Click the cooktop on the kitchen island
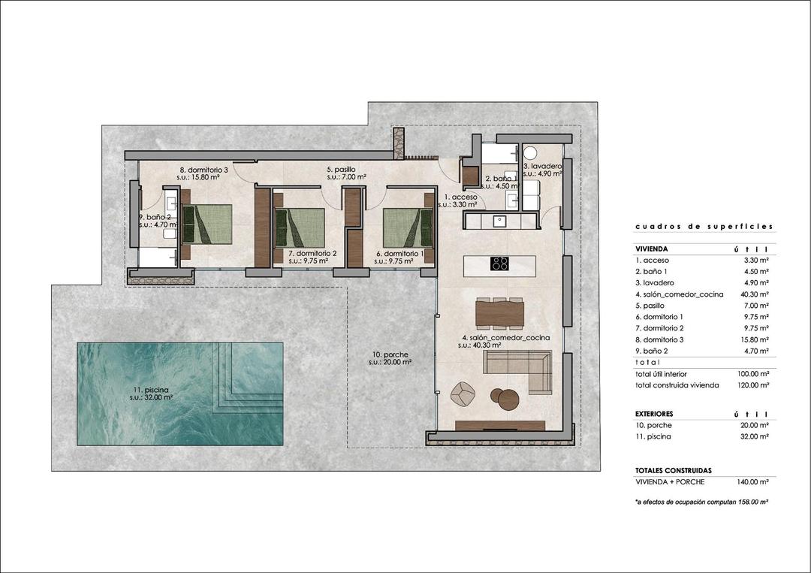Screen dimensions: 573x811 [x=500, y=264]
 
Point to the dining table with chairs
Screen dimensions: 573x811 [x=500, y=312]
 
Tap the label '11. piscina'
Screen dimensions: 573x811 [x=149, y=389]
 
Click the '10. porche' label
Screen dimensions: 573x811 [x=389, y=354]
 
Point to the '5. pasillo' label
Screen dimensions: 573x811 [x=341, y=170]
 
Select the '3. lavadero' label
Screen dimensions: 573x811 [x=542, y=165]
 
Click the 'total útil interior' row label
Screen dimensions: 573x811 [x=661, y=373]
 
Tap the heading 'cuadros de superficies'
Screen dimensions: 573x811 [x=703, y=226]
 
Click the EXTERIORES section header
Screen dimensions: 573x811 [x=653, y=414]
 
